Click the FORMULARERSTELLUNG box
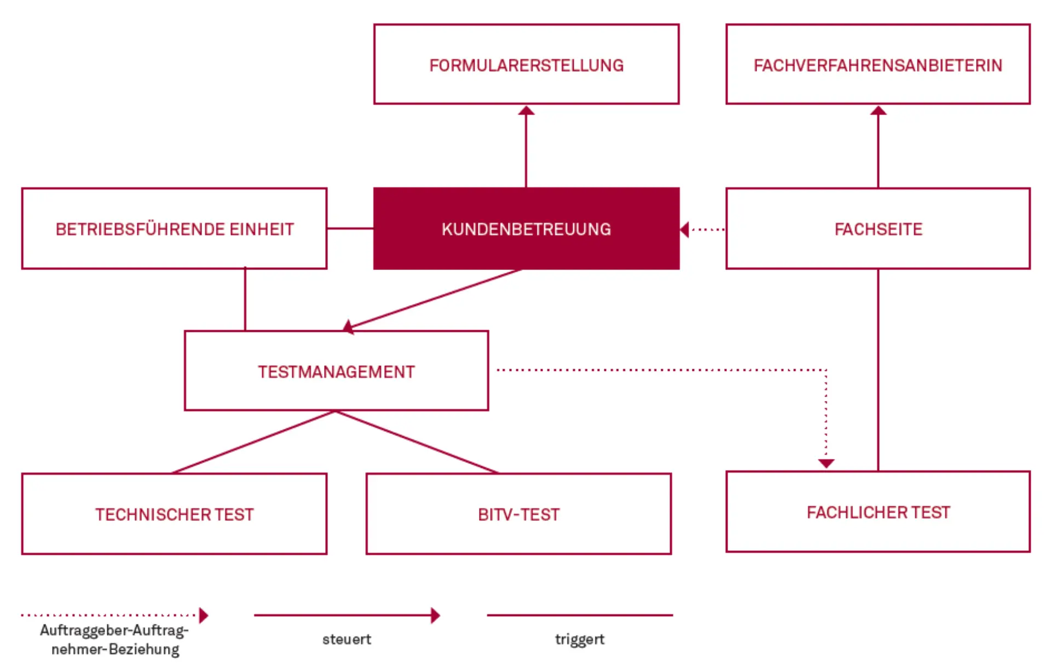(x=526, y=64)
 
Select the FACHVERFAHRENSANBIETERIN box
(x=877, y=64)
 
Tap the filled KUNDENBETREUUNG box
(x=526, y=228)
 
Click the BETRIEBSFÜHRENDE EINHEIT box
(x=174, y=228)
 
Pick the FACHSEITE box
(x=877, y=228)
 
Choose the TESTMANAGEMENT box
(x=336, y=371)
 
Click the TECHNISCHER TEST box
(x=174, y=514)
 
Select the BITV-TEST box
(x=518, y=514)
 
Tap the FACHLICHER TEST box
(x=877, y=512)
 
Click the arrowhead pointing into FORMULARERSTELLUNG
(x=526, y=111)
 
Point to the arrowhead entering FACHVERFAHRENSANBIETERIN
(x=878, y=111)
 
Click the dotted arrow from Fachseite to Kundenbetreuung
(x=706, y=230)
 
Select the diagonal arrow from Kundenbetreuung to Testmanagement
(x=432, y=299)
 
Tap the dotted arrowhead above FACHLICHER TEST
(x=826, y=463)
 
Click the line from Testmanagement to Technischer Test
(x=253, y=441)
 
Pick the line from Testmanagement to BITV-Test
(x=416, y=441)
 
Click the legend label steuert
(x=347, y=639)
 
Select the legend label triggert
(x=579, y=639)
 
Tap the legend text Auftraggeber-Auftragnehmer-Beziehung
(x=114, y=639)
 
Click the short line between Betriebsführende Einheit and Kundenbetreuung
(x=350, y=228)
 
